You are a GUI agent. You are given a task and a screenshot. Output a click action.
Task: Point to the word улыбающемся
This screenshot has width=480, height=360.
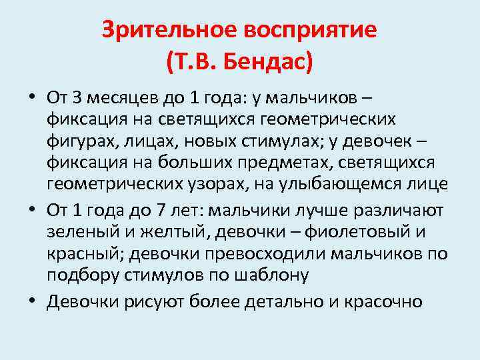334,187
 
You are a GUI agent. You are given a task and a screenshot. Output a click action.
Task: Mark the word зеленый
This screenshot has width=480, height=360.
79,234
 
